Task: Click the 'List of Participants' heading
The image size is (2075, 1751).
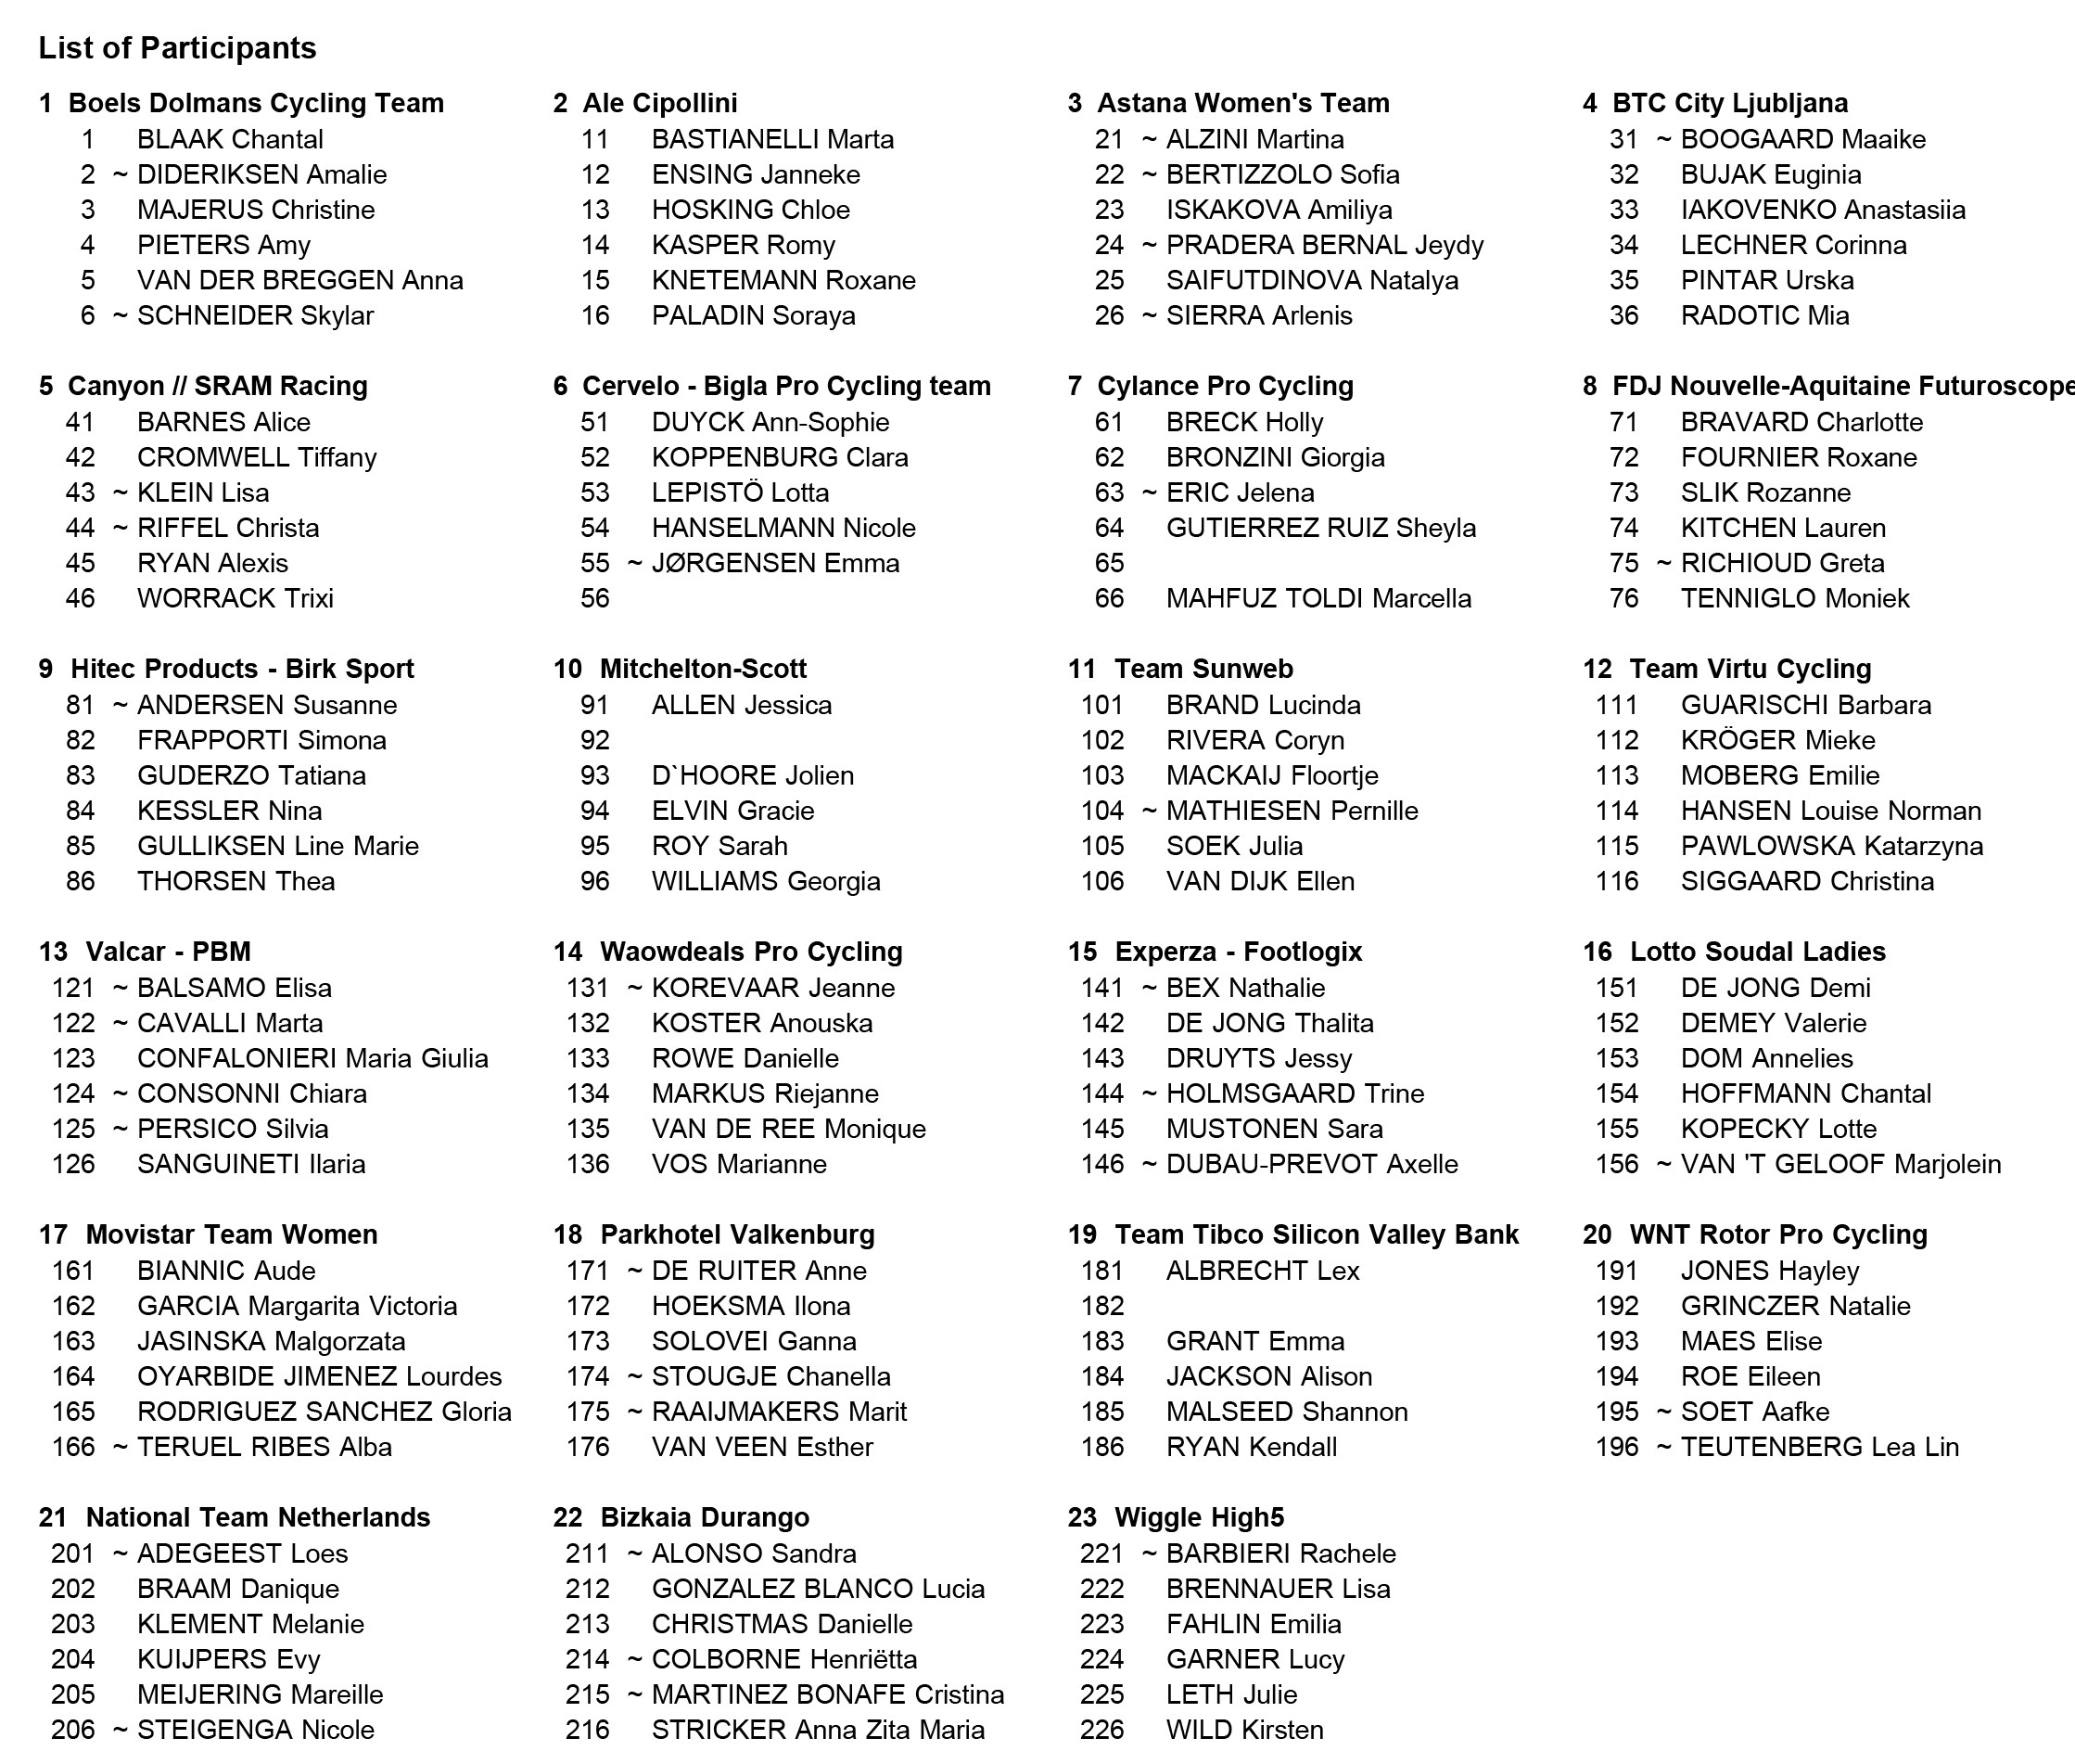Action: [x=177, y=47]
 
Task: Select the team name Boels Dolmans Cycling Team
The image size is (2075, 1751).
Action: [x=255, y=103]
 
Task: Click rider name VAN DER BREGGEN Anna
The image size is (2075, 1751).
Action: [x=299, y=280]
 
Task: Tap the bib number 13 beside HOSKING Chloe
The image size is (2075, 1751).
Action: [x=595, y=210]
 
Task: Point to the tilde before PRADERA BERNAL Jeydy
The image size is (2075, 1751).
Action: [x=1149, y=245]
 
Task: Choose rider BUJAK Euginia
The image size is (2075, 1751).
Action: [x=1770, y=174]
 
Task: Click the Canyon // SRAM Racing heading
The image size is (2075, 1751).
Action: [x=217, y=386]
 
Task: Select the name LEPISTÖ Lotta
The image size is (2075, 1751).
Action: [x=739, y=492]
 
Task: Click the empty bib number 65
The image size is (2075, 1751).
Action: [x=1110, y=563]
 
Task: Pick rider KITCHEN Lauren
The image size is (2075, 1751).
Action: [x=1782, y=528]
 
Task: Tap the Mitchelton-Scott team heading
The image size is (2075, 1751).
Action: [x=703, y=669]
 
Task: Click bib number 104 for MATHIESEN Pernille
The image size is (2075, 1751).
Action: [x=1102, y=811]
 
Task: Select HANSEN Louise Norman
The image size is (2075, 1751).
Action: [x=1830, y=811]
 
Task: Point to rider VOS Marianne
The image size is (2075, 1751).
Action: [x=738, y=1163]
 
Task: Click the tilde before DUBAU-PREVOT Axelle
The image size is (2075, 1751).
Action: [x=1149, y=1163]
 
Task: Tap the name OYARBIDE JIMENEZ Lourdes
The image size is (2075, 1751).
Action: [x=319, y=1375]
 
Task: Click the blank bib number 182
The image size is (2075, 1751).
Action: [x=1102, y=1307]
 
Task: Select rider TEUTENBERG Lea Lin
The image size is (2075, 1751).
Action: [x=1819, y=1446]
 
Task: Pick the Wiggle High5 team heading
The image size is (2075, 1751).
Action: [x=1199, y=1517]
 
